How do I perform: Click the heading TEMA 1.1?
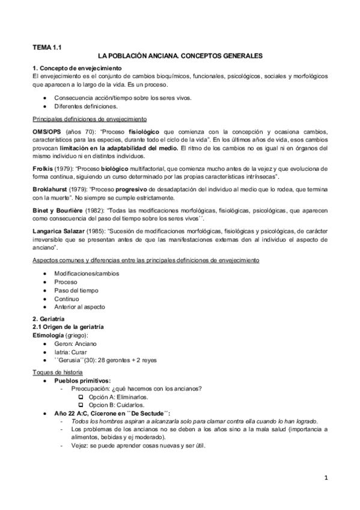(47, 46)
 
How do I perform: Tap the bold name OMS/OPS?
(47, 131)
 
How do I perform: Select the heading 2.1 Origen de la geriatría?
(70, 326)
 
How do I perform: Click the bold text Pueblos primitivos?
(82, 381)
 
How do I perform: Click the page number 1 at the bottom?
(325, 479)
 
